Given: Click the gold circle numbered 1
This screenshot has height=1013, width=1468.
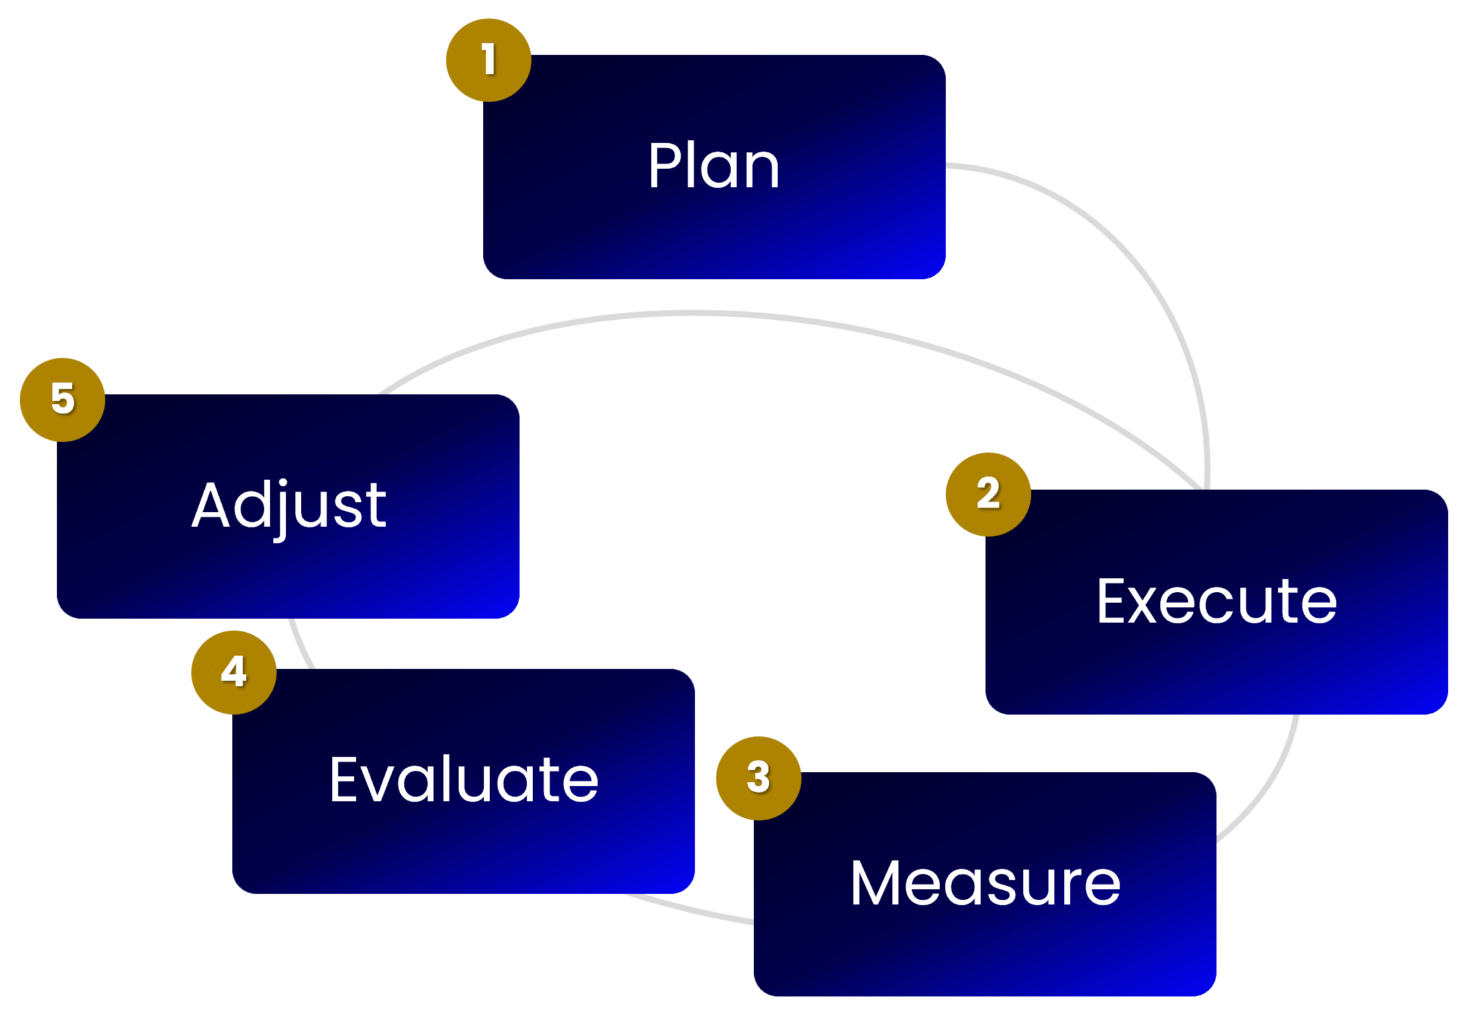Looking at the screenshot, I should [488, 60].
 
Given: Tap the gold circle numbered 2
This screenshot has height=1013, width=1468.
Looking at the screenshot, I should [988, 494].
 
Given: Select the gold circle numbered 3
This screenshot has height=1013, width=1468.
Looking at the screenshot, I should [758, 778].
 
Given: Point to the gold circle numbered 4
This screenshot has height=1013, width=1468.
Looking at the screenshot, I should [234, 672].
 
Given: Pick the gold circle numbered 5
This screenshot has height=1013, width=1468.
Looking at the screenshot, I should [63, 400].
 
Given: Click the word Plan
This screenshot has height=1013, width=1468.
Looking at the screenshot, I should [713, 166].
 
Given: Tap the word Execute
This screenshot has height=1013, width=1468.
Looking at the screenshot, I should [1216, 601].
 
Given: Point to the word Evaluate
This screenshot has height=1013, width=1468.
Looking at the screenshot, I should [463, 780].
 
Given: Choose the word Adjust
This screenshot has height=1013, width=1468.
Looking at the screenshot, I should [289, 506].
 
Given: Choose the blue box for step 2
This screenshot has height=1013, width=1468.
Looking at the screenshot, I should [1216, 668].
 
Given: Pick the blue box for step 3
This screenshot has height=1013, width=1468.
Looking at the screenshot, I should [985, 953].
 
